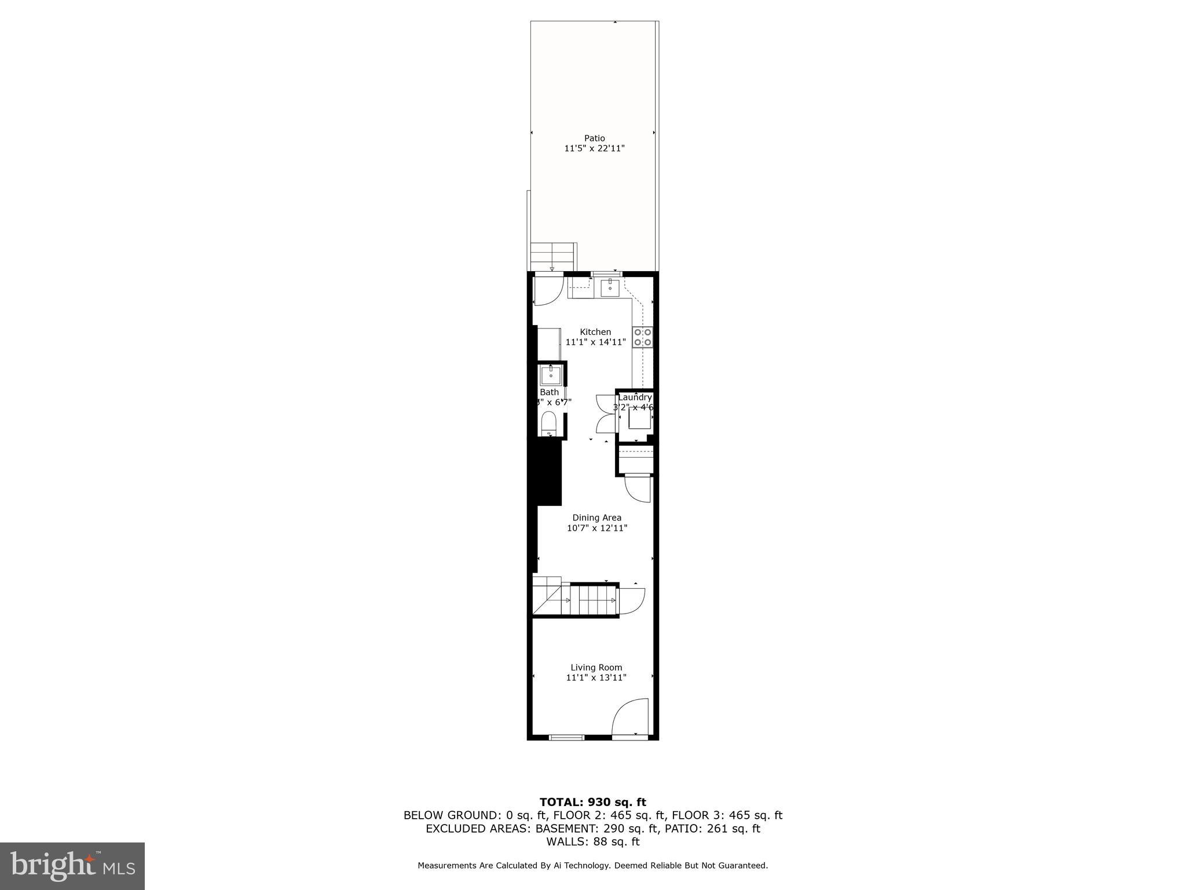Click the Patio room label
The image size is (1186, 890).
tap(594, 138)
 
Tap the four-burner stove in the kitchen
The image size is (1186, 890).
tap(643, 337)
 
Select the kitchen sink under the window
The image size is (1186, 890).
tap(610, 286)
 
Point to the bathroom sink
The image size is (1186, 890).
tap(550, 375)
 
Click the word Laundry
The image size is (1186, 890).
tap(635, 397)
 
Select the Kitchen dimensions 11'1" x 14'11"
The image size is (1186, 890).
tap(595, 342)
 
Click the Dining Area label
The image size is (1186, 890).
tap(596, 517)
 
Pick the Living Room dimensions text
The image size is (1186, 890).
tap(596, 677)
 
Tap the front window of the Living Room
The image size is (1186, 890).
tap(566, 738)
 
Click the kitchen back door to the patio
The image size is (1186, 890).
tap(547, 291)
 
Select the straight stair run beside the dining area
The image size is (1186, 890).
tap(594, 600)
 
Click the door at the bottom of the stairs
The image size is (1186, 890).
tap(632, 600)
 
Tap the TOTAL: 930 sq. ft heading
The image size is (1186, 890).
tap(592, 802)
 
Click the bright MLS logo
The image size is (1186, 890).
tap(72, 866)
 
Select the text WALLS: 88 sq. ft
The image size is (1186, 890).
tap(592, 842)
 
